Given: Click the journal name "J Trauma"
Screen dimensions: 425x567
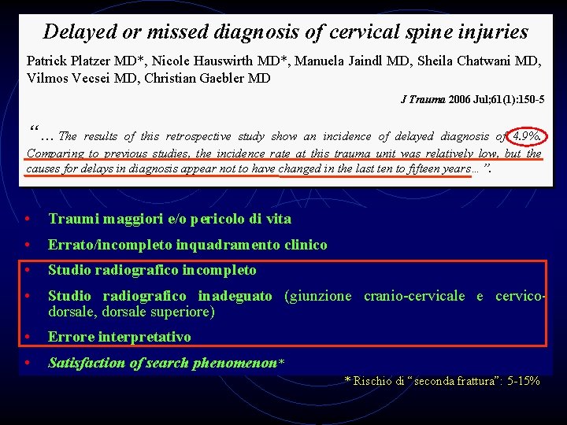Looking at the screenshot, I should point(424,99).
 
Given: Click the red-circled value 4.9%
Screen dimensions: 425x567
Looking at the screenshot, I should point(526,136).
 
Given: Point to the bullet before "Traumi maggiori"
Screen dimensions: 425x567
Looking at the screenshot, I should point(28,220).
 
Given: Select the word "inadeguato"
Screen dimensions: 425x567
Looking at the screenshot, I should point(235,296).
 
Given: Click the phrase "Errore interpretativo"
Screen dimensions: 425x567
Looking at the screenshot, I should point(119,337).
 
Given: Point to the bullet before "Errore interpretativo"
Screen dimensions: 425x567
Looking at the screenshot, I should point(28,338).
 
